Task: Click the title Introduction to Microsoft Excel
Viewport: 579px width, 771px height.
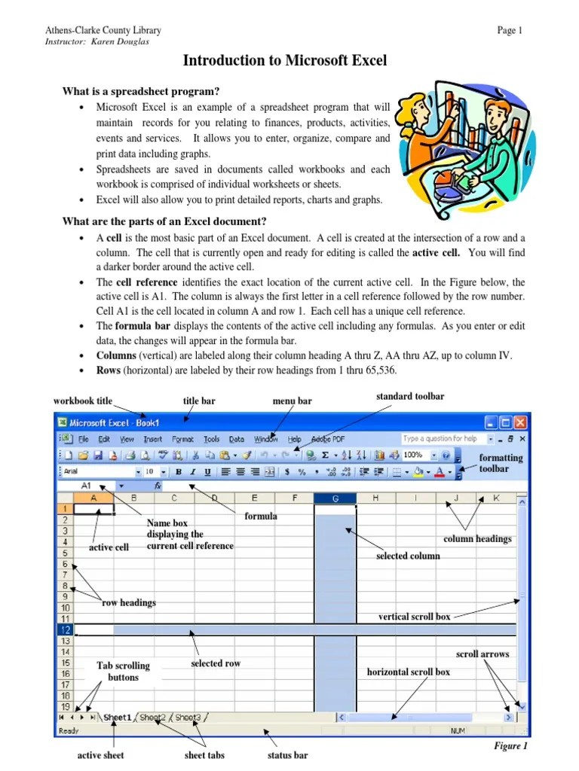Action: coord(285,61)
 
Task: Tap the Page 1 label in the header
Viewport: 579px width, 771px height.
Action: coord(510,30)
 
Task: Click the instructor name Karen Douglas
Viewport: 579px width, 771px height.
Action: coord(121,41)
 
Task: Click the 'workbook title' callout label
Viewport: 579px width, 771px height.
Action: coord(82,401)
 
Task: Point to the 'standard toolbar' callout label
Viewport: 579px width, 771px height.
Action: coord(409,397)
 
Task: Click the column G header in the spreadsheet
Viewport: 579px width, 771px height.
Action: coord(334,498)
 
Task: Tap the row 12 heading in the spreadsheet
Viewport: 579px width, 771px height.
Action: coord(65,629)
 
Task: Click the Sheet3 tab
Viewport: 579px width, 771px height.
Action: coord(188,718)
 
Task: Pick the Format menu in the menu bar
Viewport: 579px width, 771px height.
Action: coord(182,439)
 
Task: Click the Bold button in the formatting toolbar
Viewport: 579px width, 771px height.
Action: coord(179,472)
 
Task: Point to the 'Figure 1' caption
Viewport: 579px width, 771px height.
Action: coord(510,746)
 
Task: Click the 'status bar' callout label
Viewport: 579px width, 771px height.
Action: coord(287,755)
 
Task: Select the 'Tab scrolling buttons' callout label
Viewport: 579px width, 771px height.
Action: coord(123,672)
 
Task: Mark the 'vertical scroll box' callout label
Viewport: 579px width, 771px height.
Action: coord(414,617)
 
